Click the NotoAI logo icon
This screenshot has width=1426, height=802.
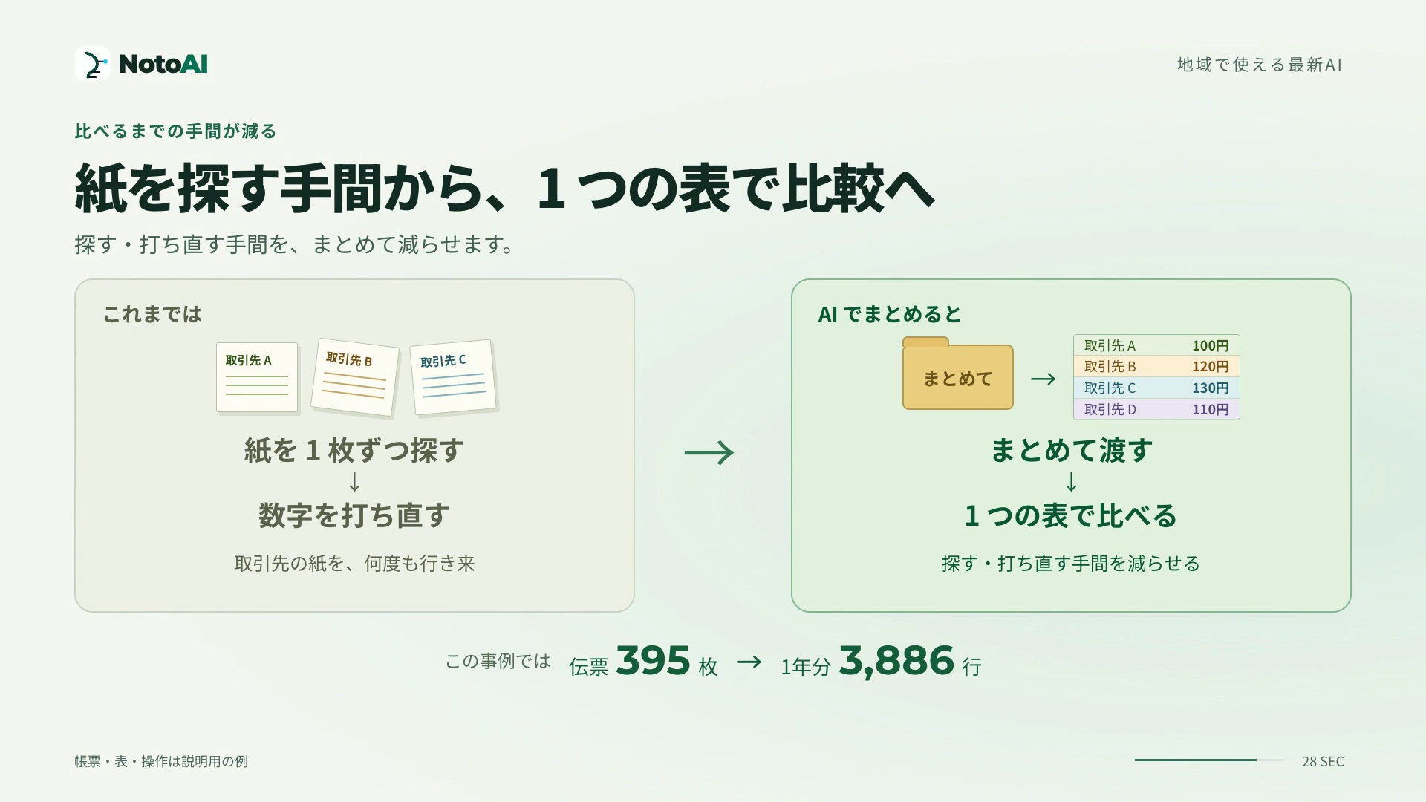coord(92,64)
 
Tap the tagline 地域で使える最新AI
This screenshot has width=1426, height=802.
coord(1260,65)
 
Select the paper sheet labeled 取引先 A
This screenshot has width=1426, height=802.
coord(257,377)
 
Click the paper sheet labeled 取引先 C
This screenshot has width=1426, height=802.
coord(453,377)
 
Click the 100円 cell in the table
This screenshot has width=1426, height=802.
coord(1211,345)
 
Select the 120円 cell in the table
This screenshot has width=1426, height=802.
coord(1211,366)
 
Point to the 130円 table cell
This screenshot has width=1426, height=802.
coord(1211,388)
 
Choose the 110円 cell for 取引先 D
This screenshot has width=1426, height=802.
coord(1211,409)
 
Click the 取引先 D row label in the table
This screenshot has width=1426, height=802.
coord(1110,409)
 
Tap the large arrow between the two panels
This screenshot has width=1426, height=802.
coord(709,452)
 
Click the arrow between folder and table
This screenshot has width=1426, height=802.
coord(1044,379)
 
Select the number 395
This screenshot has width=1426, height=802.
coord(653,660)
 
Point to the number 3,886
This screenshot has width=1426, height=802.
coord(896,661)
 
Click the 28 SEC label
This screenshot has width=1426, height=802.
coord(1323,761)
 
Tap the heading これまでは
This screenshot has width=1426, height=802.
coord(152,314)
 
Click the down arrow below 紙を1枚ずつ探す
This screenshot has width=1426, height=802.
coord(354,482)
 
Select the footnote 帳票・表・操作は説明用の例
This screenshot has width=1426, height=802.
coord(161,761)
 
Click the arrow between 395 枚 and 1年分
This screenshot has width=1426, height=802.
coord(749,662)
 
